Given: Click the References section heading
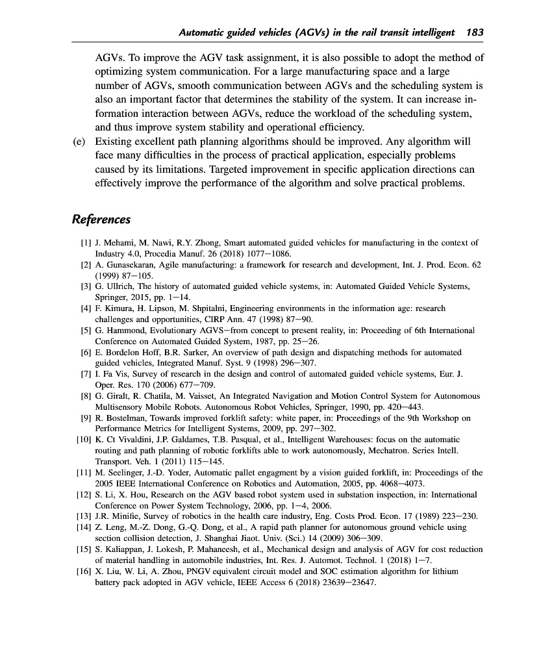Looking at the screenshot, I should [x=101, y=219].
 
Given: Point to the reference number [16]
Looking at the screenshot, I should [x=83, y=571].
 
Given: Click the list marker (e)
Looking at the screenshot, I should [x=80, y=141].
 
